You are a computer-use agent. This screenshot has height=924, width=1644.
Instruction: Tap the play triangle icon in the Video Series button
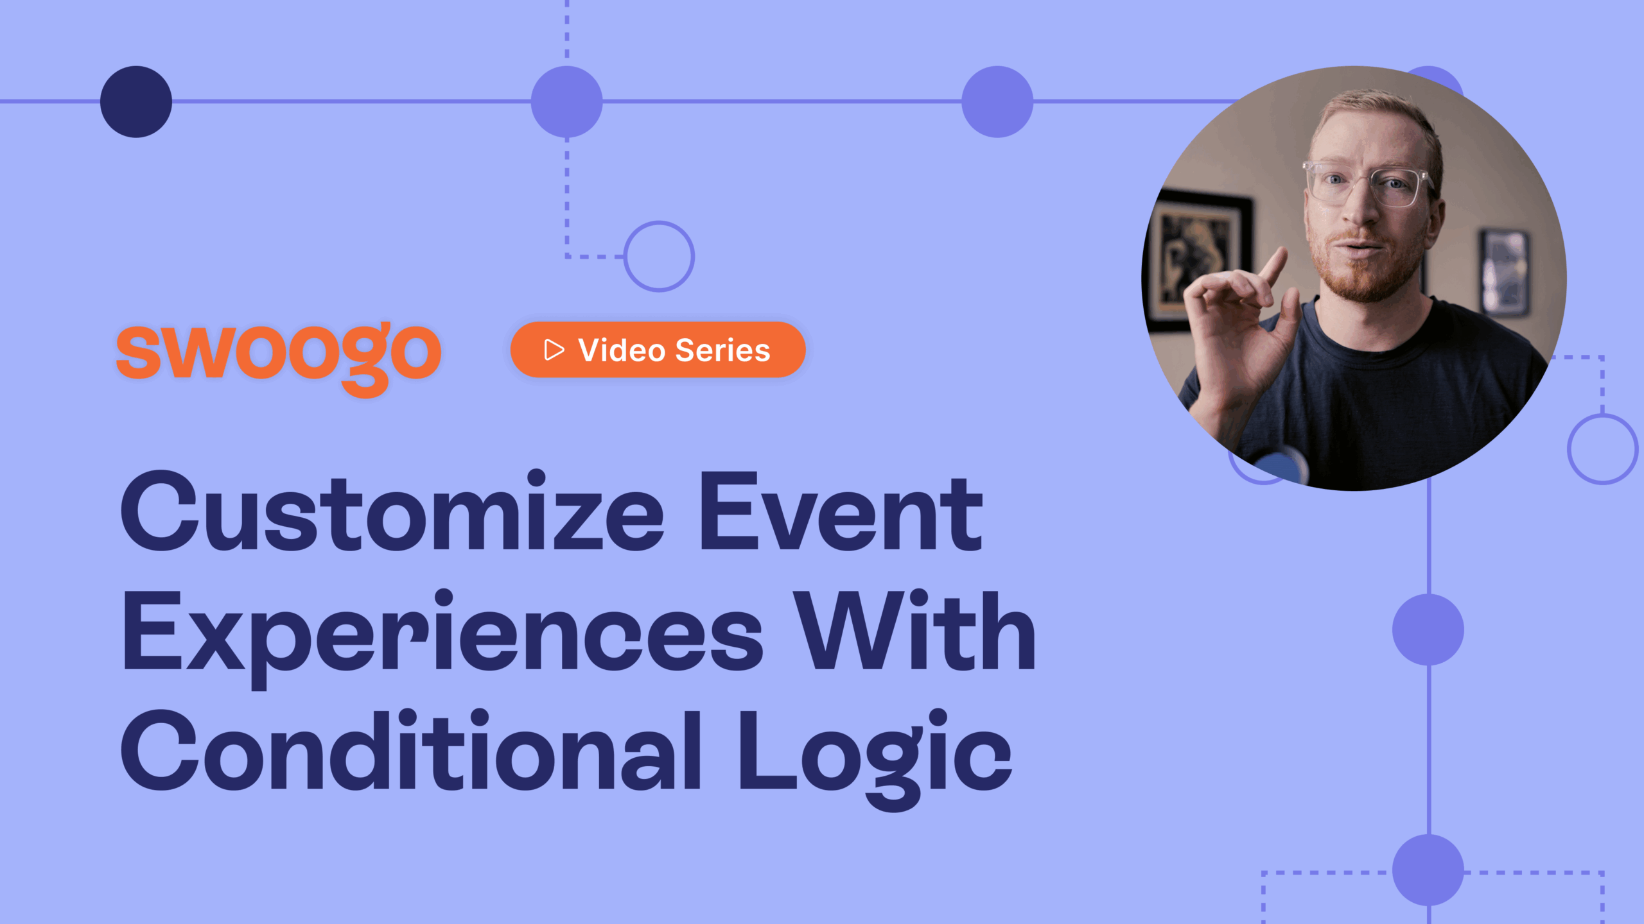point(554,350)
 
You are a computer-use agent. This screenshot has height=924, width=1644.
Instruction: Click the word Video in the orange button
point(621,350)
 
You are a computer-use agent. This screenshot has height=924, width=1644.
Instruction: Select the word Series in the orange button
point(722,350)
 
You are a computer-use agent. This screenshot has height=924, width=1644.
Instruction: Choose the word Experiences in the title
point(443,632)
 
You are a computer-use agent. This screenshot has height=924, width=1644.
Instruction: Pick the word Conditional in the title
point(411,751)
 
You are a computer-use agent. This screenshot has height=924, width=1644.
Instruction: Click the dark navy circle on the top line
point(136,101)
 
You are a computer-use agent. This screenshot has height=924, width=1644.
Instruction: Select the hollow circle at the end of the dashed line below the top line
point(659,256)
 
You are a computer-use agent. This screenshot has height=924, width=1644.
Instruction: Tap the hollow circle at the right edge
point(1602,449)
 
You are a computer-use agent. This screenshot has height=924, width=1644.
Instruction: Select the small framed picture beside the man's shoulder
point(1504,273)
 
